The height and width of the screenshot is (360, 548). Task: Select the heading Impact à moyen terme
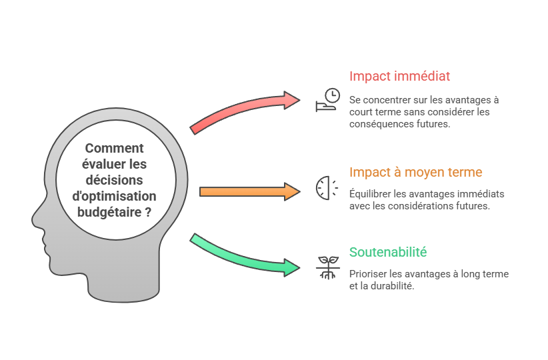[415, 173]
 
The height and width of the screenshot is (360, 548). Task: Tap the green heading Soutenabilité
[388, 253]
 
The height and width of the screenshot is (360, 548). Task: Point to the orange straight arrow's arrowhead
[293, 192]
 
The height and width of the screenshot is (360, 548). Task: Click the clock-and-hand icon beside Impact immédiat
[327, 100]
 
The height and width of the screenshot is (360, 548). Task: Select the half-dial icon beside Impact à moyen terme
[323, 188]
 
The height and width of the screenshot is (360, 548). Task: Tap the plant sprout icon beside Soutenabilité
[327, 267]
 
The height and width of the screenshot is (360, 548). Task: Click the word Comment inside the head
[115, 149]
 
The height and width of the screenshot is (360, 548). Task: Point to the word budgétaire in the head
[107, 213]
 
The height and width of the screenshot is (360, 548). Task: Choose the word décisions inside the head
[114, 181]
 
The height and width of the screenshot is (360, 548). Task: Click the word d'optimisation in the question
[114, 197]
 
